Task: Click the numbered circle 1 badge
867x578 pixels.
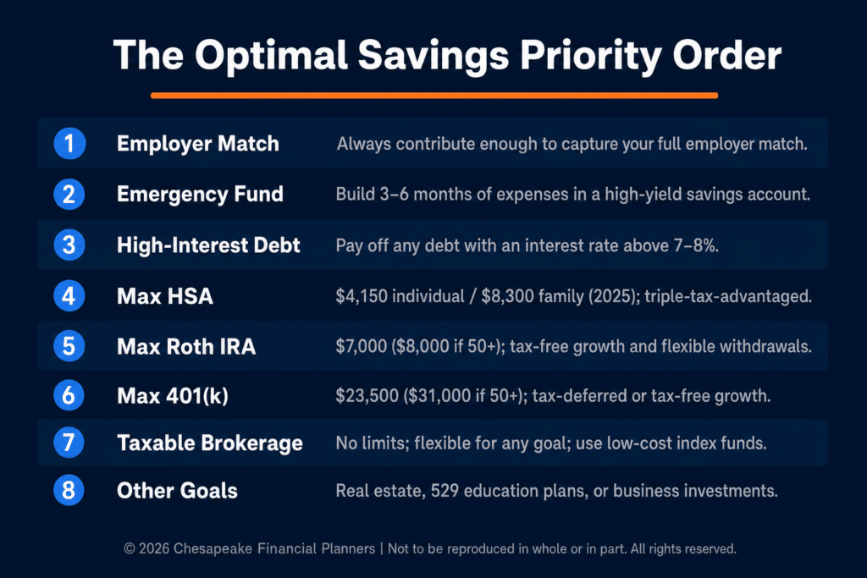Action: [x=69, y=144]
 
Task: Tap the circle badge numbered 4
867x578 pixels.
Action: [x=69, y=295]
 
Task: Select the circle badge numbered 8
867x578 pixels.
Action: [x=69, y=490]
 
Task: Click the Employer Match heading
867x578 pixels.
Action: [x=198, y=144]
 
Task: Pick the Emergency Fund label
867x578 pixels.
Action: [x=200, y=195]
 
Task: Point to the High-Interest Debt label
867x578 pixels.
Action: [x=208, y=245]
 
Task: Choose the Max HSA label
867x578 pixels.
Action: [x=165, y=296]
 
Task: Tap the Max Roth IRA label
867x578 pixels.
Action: [x=186, y=346]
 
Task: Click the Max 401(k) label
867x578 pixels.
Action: [x=173, y=396]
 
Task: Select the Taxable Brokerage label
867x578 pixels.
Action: [x=210, y=443]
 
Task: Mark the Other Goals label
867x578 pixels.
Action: [x=177, y=491]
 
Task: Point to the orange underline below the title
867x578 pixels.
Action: [x=434, y=96]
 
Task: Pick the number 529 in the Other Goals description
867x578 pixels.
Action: [x=445, y=491]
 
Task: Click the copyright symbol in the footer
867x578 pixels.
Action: [x=130, y=548]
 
